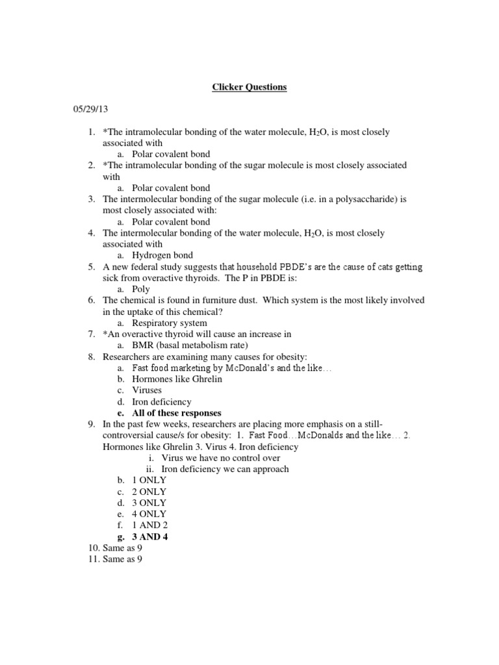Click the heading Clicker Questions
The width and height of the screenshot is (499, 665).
[249, 86]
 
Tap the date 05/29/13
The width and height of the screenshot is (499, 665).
[88, 110]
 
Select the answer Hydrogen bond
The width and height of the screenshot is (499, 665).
[162, 255]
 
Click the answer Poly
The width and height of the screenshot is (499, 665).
[141, 289]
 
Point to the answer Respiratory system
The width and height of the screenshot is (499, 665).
[170, 323]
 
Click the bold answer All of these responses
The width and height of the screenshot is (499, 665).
[177, 413]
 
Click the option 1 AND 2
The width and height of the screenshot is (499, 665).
[150, 525]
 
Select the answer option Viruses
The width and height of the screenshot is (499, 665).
[147, 390]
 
